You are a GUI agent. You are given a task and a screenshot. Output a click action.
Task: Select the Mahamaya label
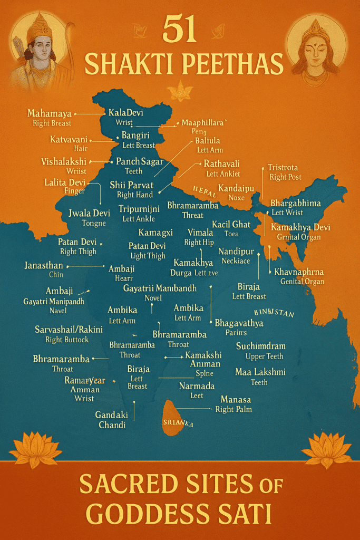tap(51, 113)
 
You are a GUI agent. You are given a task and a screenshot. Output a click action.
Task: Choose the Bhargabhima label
tap(296, 203)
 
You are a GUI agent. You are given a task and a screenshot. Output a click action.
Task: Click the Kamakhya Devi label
tap(300, 227)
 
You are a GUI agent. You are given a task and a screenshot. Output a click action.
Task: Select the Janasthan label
tap(44, 265)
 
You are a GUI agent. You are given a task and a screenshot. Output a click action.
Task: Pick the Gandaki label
tap(112, 414)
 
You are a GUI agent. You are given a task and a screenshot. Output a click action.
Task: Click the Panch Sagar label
tap(140, 161)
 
